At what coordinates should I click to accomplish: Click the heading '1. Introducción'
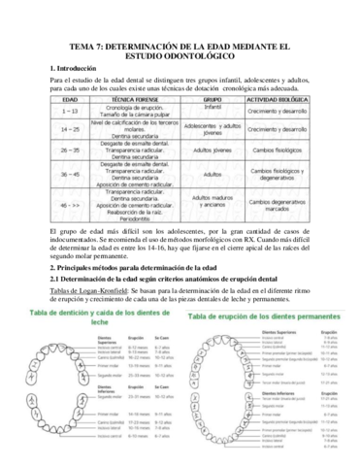77,66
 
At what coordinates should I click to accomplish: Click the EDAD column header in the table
71,100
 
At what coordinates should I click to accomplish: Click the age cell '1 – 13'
70,112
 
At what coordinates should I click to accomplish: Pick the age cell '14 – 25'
70,129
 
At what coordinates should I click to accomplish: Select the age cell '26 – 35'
70,150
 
